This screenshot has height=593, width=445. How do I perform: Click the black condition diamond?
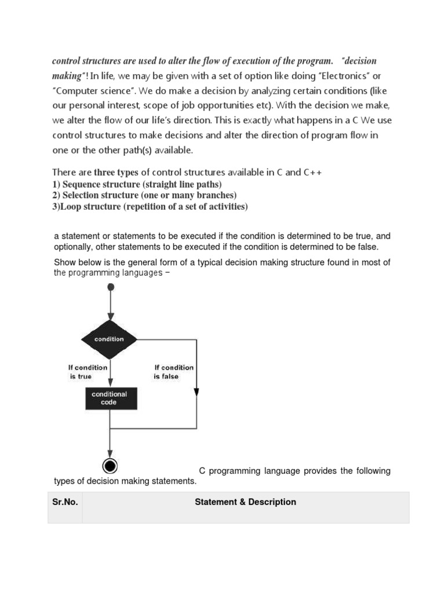110,339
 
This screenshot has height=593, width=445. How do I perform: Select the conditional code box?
110,398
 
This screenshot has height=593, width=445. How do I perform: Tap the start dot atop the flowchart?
111,287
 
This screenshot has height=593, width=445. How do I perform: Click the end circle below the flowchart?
110,466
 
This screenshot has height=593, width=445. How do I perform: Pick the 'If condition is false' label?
174,372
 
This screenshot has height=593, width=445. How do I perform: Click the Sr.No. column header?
65,502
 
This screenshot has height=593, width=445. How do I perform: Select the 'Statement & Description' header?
246,502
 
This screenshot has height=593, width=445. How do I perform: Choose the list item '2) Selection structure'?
144,195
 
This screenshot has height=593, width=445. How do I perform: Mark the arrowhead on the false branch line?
198,389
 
